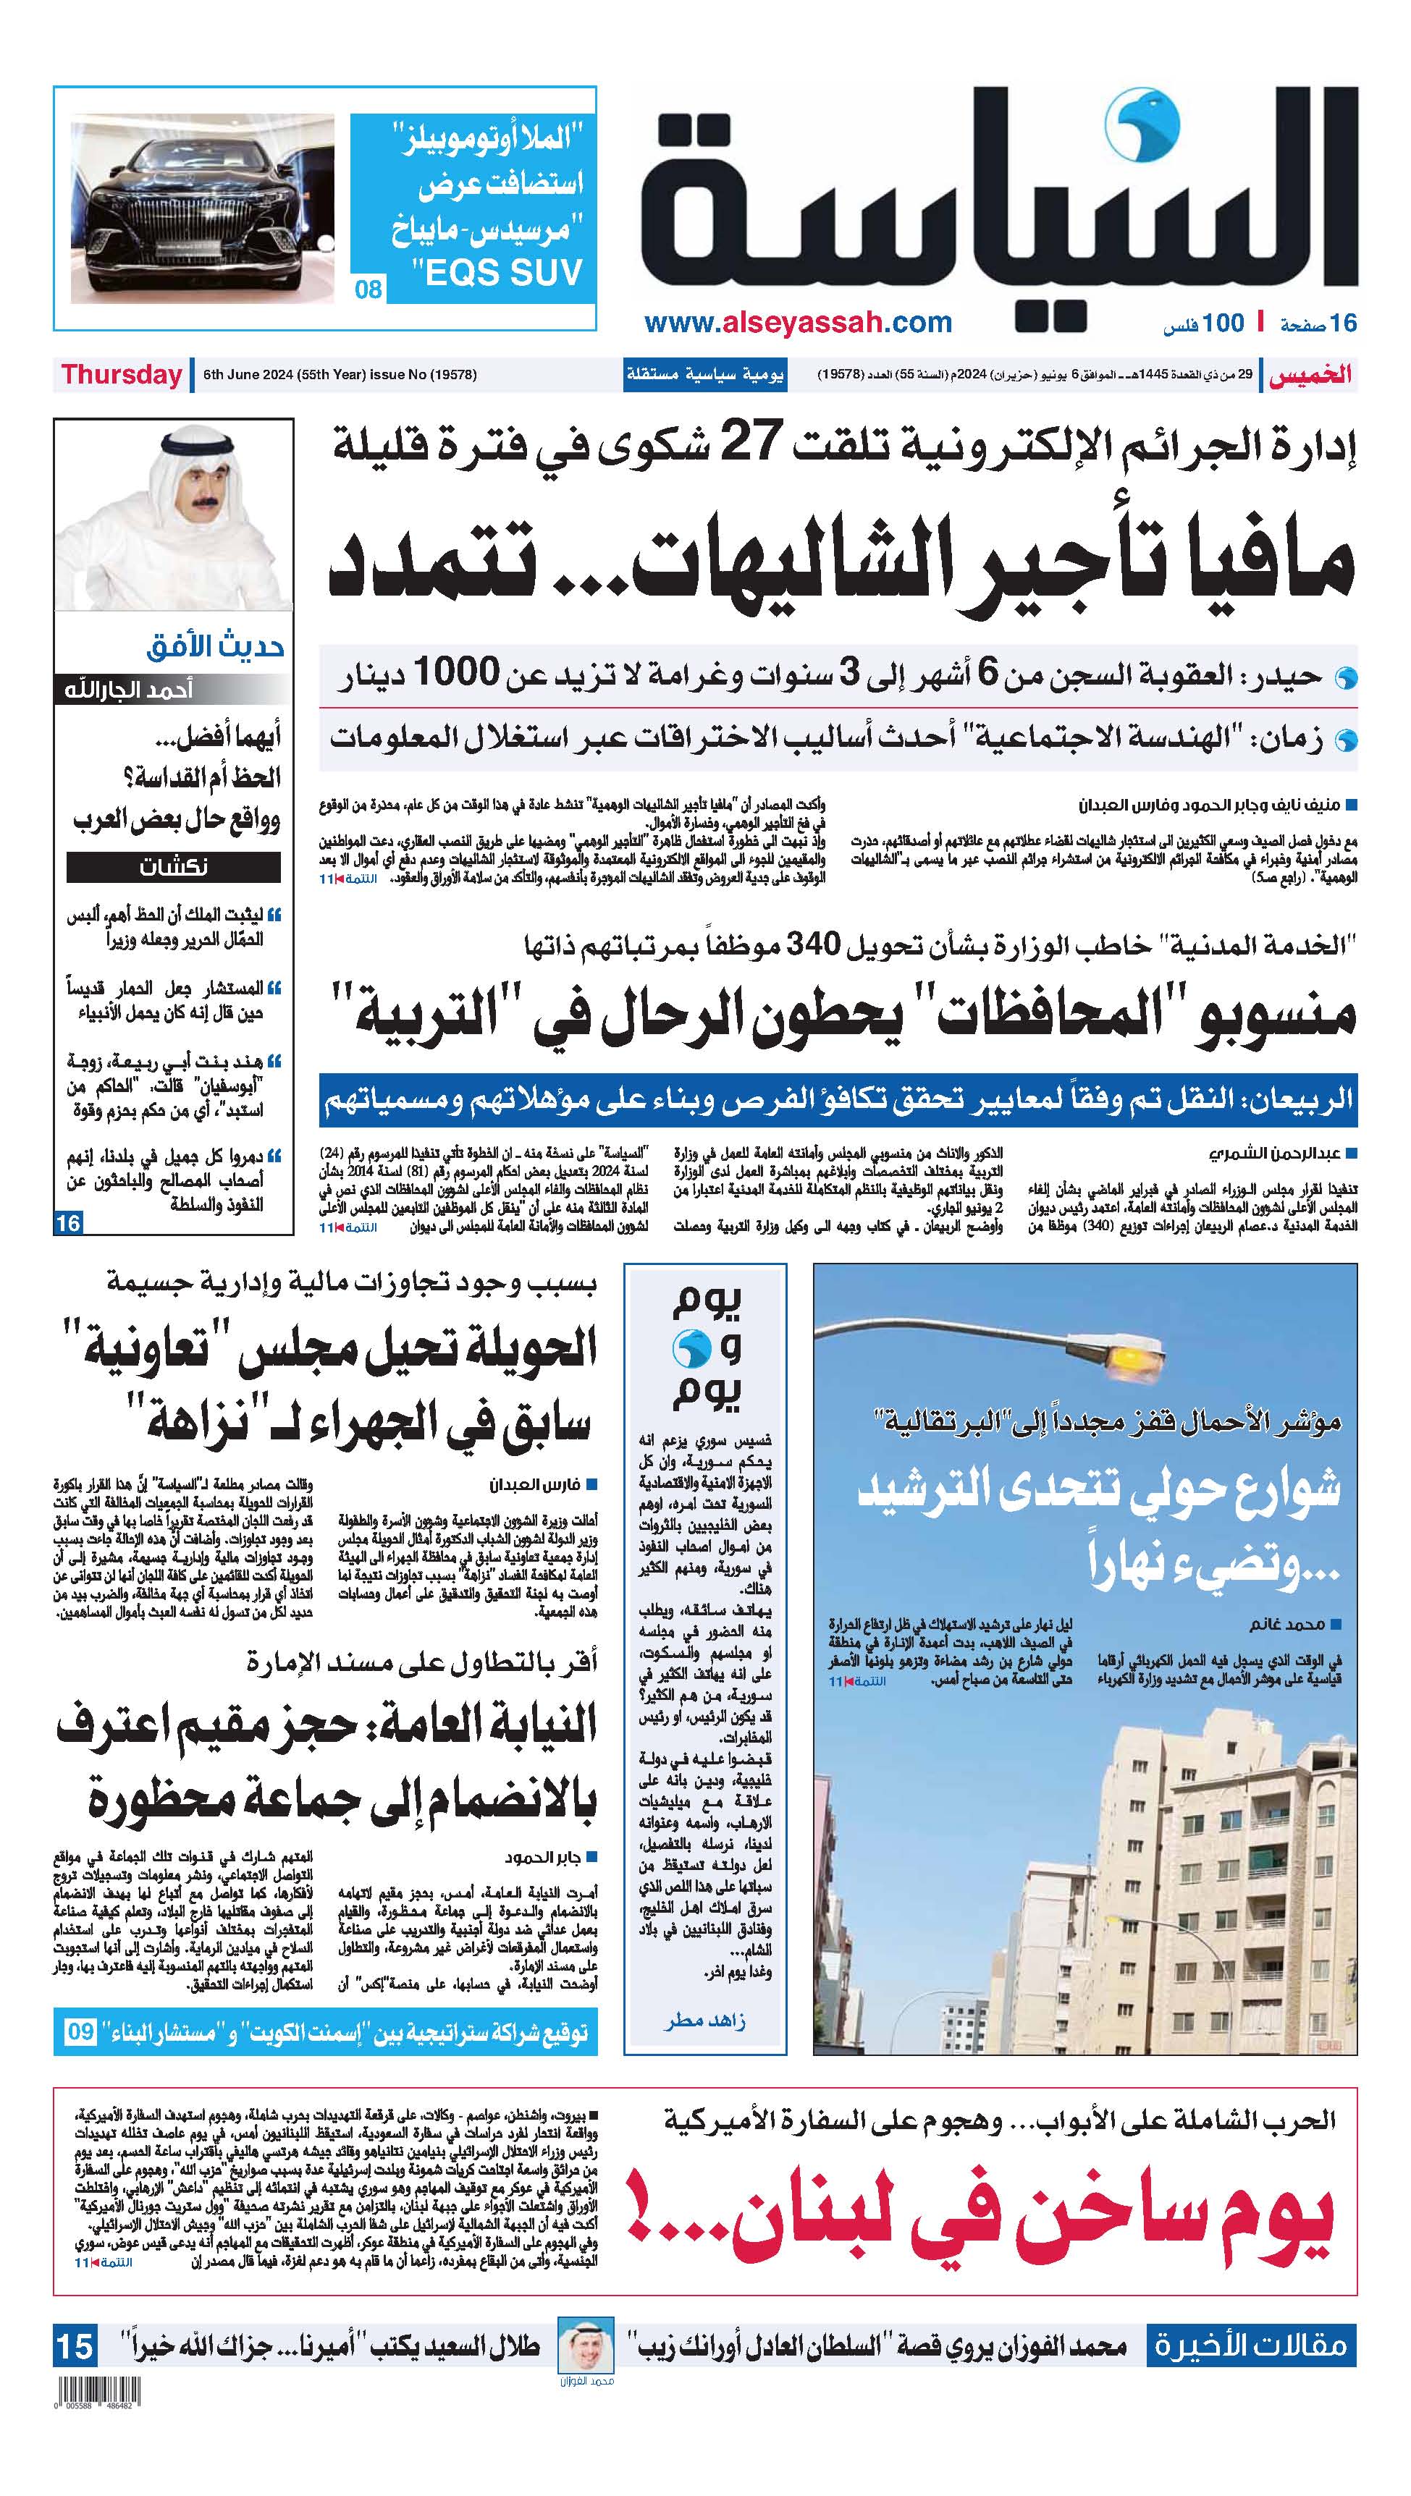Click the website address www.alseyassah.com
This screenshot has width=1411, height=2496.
pos(798,323)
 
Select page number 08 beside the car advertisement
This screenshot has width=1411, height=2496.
pos(368,289)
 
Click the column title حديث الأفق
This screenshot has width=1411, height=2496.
pos(215,646)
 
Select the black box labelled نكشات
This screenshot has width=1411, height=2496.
pos(174,866)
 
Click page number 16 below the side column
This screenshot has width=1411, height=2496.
pos(68,1223)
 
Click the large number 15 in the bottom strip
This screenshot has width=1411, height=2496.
pos(75,2348)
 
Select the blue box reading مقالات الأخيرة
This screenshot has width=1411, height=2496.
pos(1250,2345)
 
